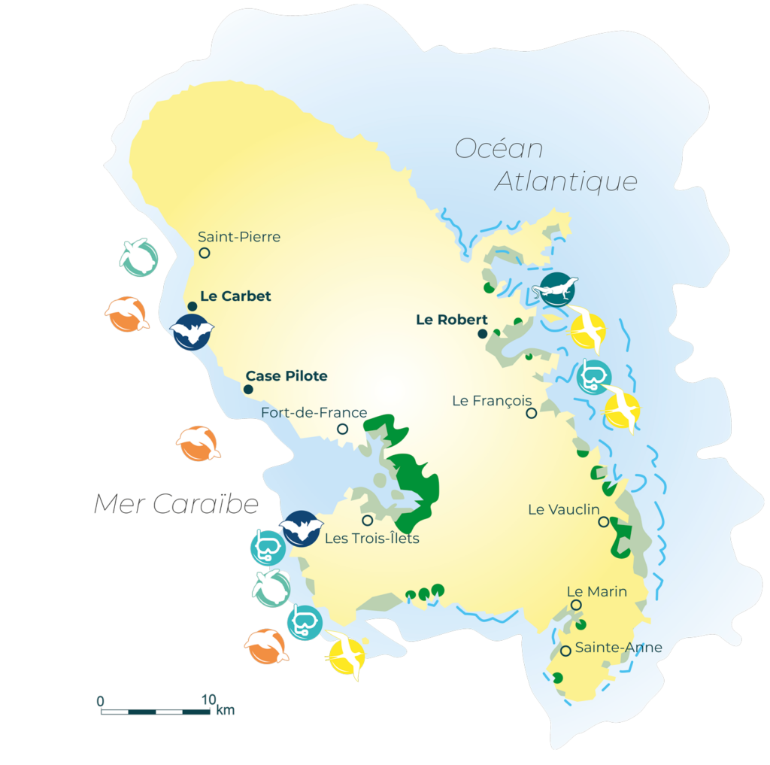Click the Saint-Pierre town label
tap(239, 237)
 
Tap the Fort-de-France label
tap(314, 413)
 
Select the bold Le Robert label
tap(451, 320)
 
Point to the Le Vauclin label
tap(564, 509)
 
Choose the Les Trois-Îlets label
tap(371, 538)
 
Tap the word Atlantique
tap(566, 182)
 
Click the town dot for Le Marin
tap(576, 605)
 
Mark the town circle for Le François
tap(532, 413)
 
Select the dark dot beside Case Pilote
tap(247, 389)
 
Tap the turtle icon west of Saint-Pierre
tap(139, 257)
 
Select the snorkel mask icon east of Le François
tap(594, 376)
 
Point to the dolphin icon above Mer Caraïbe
tap(198, 444)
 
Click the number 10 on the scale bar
tap(208, 700)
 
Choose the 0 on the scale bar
tap(100, 701)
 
